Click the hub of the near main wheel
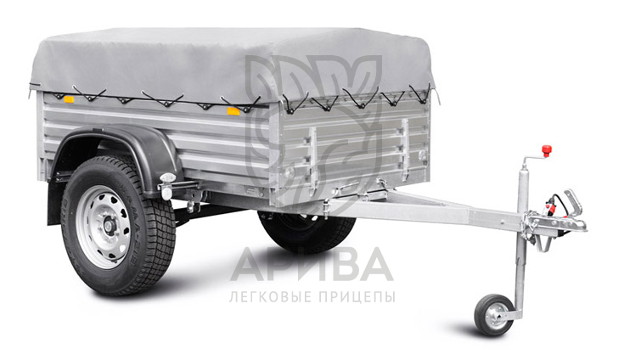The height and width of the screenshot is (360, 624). coord(109,227)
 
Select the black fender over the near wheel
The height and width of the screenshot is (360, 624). coord(120,151)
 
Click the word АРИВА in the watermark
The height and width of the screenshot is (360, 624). coord(312,265)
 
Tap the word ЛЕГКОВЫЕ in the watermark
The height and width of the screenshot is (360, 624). coord(272,297)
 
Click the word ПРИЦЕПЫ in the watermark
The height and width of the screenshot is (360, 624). coord(358,297)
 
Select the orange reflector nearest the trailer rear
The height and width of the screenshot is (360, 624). coord(70,99)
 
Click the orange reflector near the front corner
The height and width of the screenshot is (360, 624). coord(233,110)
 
